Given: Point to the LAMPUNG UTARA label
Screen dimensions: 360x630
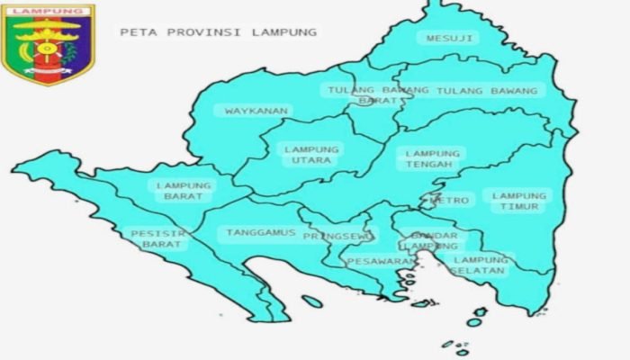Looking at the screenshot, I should (x=311, y=155).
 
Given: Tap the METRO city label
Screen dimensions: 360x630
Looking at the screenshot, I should (x=450, y=201).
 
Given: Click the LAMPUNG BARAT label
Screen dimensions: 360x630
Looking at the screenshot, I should (x=184, y=192).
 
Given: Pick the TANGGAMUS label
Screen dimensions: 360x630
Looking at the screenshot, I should (x=261, y=232).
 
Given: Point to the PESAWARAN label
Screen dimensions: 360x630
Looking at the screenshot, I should (x=382, y=262).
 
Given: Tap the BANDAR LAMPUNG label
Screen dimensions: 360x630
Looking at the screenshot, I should (x=432, y=241).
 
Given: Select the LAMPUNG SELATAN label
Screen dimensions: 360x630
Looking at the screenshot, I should (x=480, y=265).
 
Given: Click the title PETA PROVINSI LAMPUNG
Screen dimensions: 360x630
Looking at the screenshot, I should (x=218, y=31).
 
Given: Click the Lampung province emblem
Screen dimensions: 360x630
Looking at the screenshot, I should (x=47, y=45).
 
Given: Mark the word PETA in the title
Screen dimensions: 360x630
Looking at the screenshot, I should (x=135, y=31).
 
